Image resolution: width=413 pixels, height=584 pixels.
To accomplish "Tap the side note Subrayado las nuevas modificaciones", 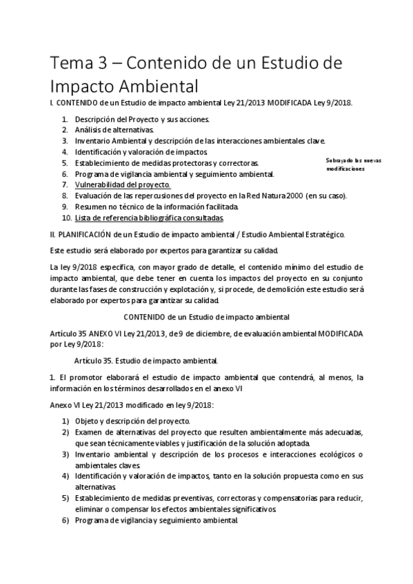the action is pos(354,164).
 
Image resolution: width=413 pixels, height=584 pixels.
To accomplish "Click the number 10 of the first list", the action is pos(66,218).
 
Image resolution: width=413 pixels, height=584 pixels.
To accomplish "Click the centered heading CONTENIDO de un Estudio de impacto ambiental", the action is pos(206,317).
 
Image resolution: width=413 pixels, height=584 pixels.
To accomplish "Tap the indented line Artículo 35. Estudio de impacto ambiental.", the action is pos(146,360).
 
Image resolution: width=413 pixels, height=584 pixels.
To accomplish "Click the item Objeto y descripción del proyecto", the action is pos(132,421).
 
